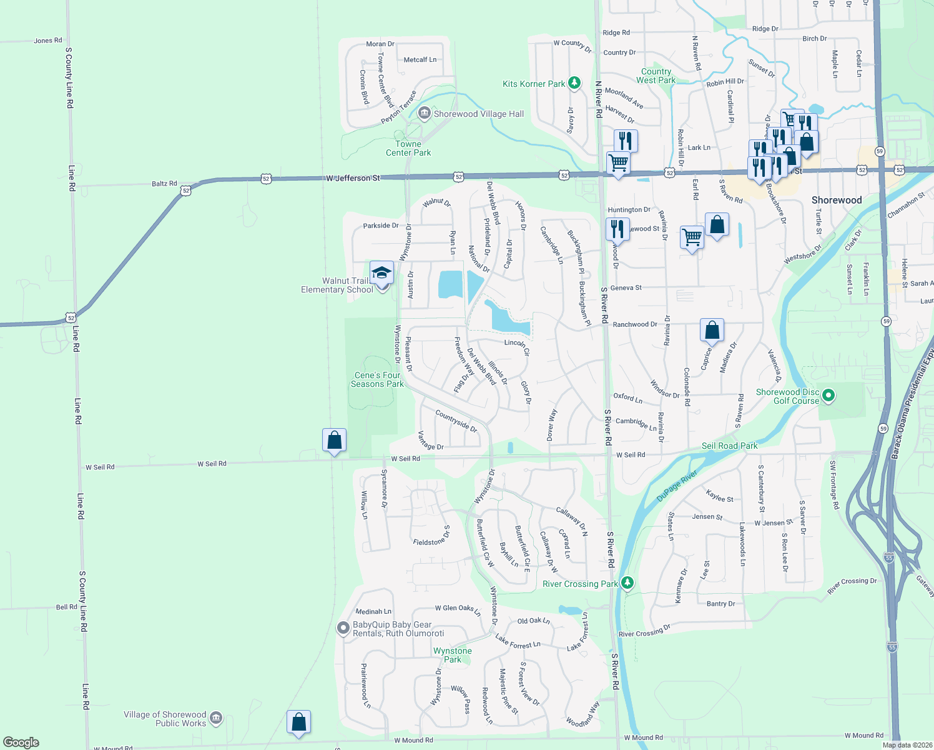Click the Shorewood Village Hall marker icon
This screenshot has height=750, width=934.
(425, 114)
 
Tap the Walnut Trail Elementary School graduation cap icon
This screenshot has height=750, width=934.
(381, 273)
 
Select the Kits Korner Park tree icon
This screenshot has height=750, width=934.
(574, 83)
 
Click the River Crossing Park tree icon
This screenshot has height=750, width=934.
(627, 583)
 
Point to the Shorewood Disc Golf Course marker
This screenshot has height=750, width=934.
(828, 395)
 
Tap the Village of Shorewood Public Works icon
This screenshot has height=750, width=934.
(216, 718)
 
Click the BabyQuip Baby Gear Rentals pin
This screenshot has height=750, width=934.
(343, 628)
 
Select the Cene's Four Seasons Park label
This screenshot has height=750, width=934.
(377, 379)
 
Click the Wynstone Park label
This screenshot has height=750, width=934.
(453, 655)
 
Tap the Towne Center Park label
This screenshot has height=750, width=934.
(408, 148)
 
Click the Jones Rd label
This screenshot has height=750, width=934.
(48, 41)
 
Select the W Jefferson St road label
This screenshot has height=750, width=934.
(353, 178)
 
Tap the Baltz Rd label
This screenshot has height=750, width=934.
(164, 184)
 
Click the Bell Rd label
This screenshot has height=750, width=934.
(67, 607)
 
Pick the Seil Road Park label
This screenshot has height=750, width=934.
(729, 446)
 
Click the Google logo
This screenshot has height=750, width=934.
(21, 742)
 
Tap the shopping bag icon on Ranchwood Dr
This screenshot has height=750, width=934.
(712, 329)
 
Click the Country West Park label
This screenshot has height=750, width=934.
(656, 76)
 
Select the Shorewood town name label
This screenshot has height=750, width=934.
(837, 200)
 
